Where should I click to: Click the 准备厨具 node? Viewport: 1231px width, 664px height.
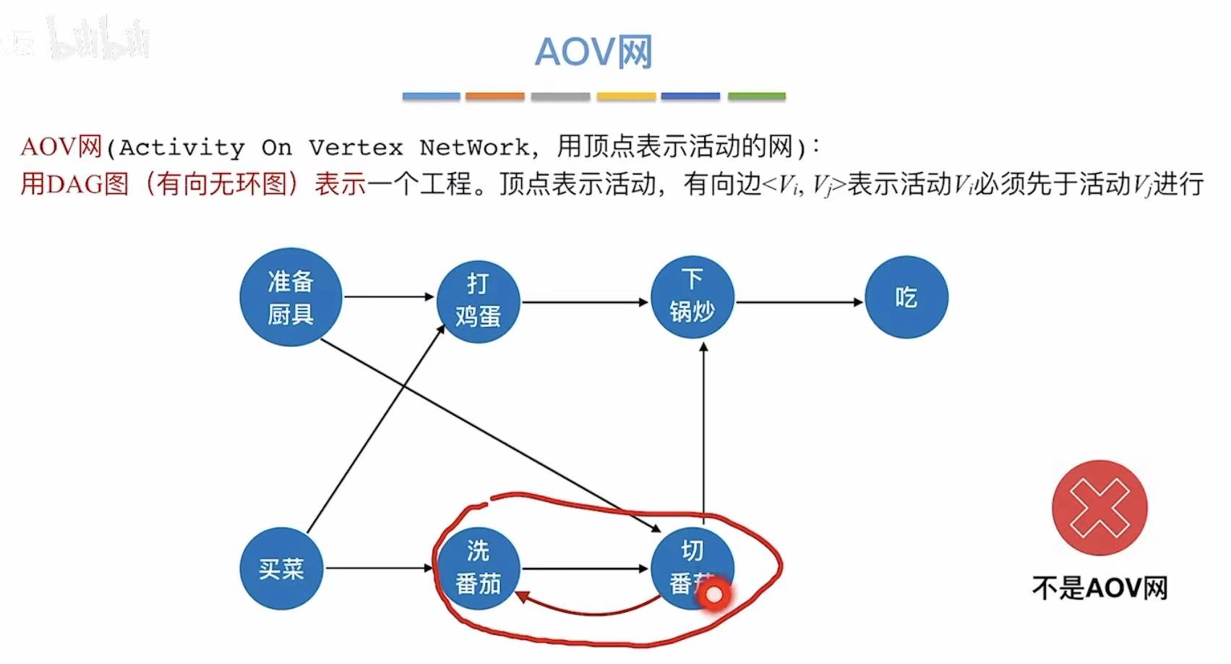tap(291, 297)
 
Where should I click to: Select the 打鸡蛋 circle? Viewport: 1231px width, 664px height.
tap(478, 301)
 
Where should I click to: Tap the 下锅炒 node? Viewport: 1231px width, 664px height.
tap(692, 297)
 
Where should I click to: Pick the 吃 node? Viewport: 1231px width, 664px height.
tap(906, 297)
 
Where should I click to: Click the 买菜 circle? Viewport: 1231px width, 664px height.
tap(281, 569)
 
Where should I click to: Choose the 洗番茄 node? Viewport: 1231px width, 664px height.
tap(478, 569)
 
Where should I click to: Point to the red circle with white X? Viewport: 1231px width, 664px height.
tap(1099, 507)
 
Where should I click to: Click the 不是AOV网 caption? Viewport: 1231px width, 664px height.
tap(1099, 587)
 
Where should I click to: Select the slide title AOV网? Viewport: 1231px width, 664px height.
tap(593, 52)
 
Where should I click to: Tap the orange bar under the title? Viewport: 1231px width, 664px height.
tap(495, 96)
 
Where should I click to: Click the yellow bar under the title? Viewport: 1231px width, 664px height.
tap(626, 96)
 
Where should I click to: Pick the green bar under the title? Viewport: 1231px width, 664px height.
tap(756, 96)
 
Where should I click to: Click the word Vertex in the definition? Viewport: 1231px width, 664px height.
tap(356, 148)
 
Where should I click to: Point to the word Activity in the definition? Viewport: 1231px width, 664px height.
tap(182, 148)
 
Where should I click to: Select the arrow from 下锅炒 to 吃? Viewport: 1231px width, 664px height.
tap(799, 302)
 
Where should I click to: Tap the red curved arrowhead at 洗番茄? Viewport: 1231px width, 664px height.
tap(522, 597)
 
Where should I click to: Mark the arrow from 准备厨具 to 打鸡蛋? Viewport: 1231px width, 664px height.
tap(388, 297)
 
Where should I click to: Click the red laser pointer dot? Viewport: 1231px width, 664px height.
tap(713, 595)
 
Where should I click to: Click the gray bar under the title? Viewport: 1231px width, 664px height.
tap(560, 96)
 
